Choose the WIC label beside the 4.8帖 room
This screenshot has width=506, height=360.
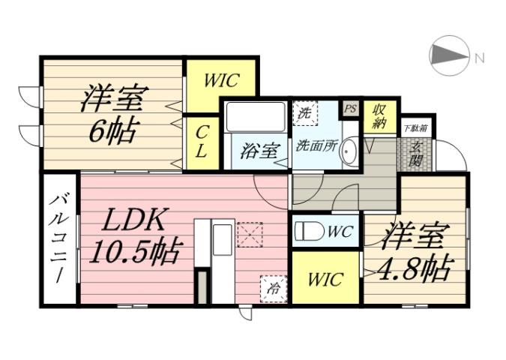(325, 280)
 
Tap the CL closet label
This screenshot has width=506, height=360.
(202, 142)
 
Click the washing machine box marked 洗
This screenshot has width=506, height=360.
(304, 115)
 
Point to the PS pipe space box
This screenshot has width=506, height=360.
(349, 108)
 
